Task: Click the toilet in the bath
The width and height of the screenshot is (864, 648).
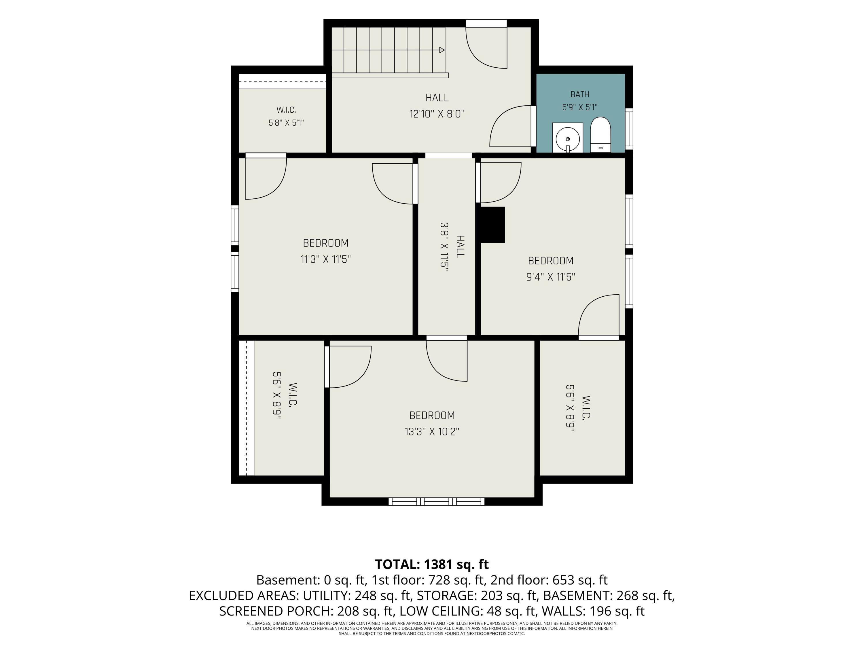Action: coord(600,134)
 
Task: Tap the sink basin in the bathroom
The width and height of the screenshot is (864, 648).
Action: coord(568,139)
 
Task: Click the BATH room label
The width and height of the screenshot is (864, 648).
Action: coord(580,94)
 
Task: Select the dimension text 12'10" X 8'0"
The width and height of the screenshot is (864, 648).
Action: coord(437,114)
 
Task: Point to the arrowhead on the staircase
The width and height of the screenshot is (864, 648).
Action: coord(442,50)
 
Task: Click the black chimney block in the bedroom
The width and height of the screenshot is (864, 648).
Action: coord(492,225)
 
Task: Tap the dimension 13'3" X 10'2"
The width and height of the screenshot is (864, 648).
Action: coord(432,432)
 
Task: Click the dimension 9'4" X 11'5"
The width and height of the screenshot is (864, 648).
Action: coord(551,277)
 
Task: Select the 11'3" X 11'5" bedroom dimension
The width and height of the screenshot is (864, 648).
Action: coord(325,259)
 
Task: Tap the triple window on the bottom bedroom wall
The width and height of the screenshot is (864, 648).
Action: coord(436,501)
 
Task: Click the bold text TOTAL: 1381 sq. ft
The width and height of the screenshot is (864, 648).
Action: coord(432,564)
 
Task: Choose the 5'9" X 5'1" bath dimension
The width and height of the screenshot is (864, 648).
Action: coord(580,107)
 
